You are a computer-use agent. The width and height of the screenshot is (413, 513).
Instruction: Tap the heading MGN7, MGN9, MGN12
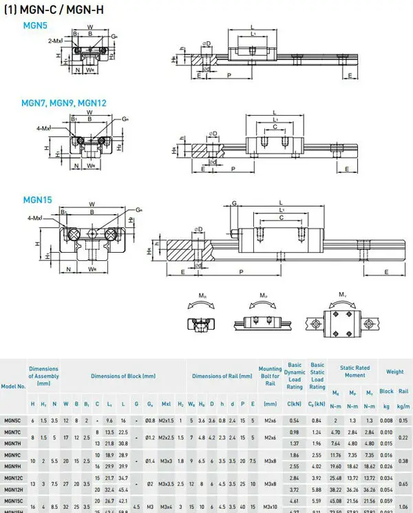coord(65,103)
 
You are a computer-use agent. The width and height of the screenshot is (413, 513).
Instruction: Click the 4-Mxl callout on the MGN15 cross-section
coord(36,218)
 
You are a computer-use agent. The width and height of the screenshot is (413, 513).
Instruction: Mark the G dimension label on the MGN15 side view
coord(234,204)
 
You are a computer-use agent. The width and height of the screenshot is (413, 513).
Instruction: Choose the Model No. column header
coord(14,386)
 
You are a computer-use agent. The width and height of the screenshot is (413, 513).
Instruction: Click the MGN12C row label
coord(14,477)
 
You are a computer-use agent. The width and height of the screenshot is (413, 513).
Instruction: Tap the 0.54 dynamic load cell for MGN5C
coord(294,419)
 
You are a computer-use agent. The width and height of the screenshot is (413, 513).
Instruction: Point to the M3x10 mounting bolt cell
coord(270,501)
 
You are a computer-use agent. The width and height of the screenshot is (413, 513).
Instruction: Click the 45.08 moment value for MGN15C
coord(335,501)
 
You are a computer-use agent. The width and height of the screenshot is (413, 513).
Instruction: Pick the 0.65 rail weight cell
coord(403,483)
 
